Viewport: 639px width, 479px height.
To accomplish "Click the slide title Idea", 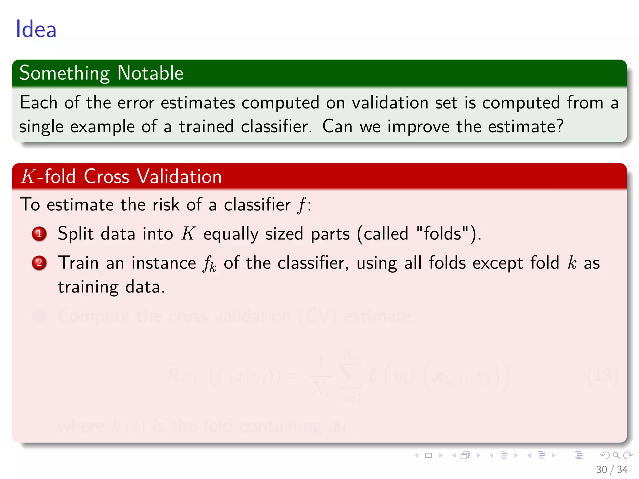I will (x=36, y=29).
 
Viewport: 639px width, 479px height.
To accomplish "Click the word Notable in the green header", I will (x=150, y=73).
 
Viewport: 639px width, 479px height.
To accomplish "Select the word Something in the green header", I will (x=65, y=74).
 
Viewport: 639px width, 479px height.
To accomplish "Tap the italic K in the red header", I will (x=28, y=177).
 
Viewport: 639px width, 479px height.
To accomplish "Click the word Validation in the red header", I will (x=179, y=177).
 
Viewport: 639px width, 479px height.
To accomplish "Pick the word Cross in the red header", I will (x=106, y=177).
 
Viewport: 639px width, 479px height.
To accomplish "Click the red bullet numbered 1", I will (x=39, y=234).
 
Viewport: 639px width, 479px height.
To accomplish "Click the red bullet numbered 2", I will (x=39, y=263).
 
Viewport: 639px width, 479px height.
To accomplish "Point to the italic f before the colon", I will (x=301, y=205).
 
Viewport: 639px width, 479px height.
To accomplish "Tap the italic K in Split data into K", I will (x=188, y=234).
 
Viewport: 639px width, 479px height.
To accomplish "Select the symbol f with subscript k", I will (x=209, y=264).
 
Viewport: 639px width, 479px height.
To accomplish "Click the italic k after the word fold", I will (x=572, y=263).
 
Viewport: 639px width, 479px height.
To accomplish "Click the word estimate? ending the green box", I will (x=526, y=127).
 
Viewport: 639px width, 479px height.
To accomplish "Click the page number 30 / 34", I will (x=612, y=470).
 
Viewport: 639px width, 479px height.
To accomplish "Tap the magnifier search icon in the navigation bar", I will (x=616, y=455).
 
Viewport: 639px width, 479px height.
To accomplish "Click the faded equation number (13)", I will (x=602, y=376).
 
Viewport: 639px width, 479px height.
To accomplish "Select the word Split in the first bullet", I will (x=76, y=234).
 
